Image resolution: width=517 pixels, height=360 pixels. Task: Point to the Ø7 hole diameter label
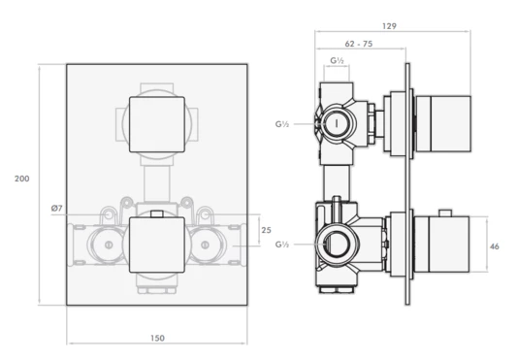(56, 210)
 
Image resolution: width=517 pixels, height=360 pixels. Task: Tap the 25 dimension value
(266, 230)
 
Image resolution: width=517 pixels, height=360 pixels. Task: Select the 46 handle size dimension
(493, 247)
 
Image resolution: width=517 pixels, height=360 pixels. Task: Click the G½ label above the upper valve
(338, 62)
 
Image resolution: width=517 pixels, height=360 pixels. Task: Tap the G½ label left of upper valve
(281, 124)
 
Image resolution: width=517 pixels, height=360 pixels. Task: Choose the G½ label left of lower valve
(281, 245)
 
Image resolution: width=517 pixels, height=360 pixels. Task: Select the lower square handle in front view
(156, 245)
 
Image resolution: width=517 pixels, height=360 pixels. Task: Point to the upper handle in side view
(443, 124)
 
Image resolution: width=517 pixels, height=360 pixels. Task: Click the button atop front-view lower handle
(156, 213)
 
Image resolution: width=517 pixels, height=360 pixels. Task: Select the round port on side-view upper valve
(337, 124)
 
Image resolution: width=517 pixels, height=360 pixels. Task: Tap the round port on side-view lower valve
(336, 245)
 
